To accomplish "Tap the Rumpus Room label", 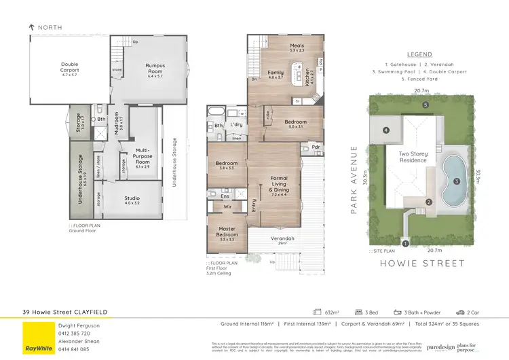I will pos(155,69).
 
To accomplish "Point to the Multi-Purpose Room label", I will pos(142,160).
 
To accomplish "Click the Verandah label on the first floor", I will pos(281,239).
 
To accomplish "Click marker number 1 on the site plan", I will pos(405,242).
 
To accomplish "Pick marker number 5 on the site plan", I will pos(424,105).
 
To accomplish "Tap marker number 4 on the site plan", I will pos(385,130).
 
